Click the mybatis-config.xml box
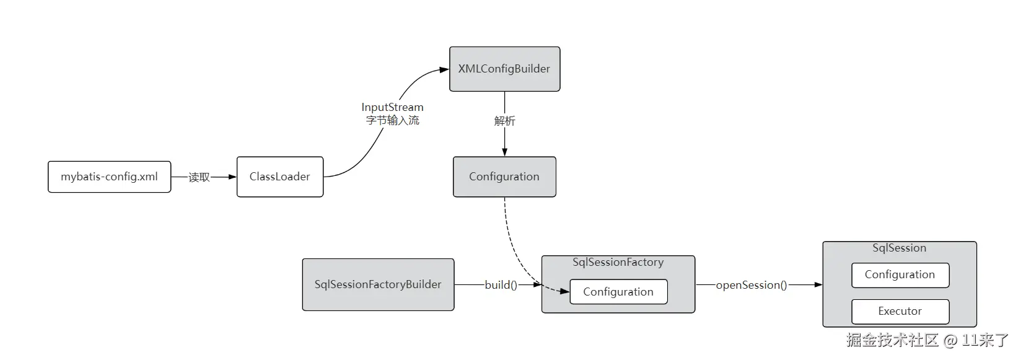pyautogui.click(x=109, y=177)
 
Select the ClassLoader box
pyautogui.click(x=279, y=177)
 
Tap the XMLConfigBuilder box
pyautogui.click(x=504, y=69)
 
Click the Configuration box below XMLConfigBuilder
pyautogui.click(x=504, y=177)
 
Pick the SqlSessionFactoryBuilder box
pyautogui.click(x=378, y=285)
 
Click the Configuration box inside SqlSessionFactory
pyautogui.click(x=618, y=292)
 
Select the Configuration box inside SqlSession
pyautogui.click(x=900, y=275)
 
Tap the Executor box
pyautogui.click(x=900, y=312)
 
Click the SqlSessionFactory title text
pyautogui.click(x=618, y=263)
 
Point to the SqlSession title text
pyautogui.click(x=899, y=248)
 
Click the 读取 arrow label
pyautogui.click(x=199, y=178)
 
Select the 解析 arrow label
pyautogui.click(x=504, y=121)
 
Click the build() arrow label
pyautogui.click(x=501, y=285)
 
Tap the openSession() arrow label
pyautogui.click(x=751, y=286)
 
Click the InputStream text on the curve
pyautogui.click(x=392, y=108)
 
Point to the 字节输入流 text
pyautogui.click(x=392, y=121)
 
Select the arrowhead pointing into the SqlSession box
pyautogui.click(x=818, y=285)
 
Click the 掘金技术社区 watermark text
pyautogui.click(x=892, y=340)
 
